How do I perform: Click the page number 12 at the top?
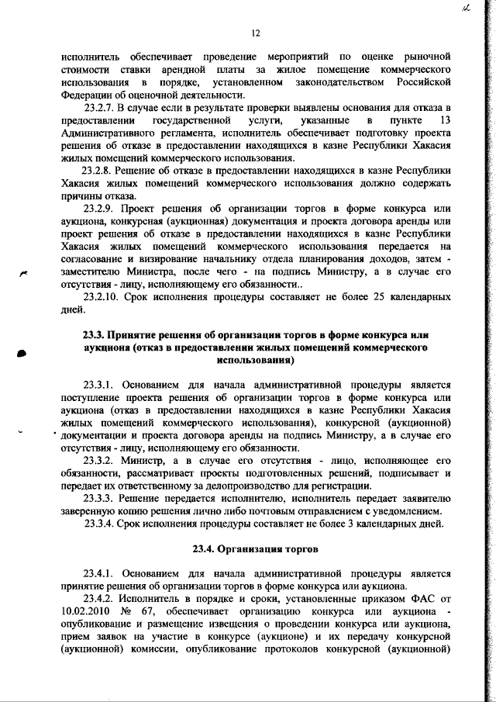tap(255, 33)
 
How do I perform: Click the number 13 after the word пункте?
tap(445, 121)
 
